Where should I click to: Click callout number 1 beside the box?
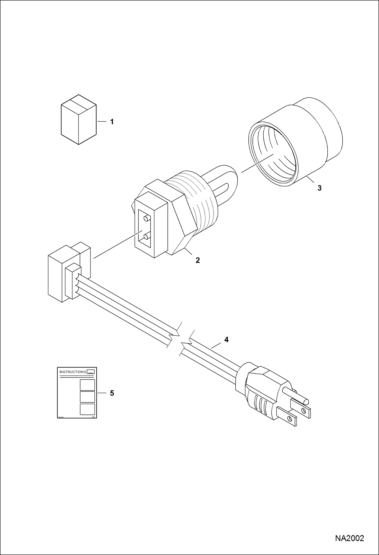[x=112, y=122]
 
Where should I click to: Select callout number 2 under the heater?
[x=198, y=260]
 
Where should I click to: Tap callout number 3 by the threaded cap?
[x=319, y=188]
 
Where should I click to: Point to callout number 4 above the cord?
[x=226, y=340]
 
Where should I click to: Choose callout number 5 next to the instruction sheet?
[x=112, y=393]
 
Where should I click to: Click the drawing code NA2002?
[x=349, y=538]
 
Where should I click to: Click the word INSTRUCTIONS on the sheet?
[x=73, y=372]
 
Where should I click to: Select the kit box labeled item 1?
[x=78, y=119]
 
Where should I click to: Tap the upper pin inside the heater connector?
[x=146, y=218]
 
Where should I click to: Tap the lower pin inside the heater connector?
[x=146, y=237]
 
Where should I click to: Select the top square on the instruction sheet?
[x=87, y=385]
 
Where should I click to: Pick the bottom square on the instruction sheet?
[x=87, y=409]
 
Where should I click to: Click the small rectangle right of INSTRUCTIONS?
[x=91, y=372]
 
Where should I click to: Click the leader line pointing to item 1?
[x=102, y=122]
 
